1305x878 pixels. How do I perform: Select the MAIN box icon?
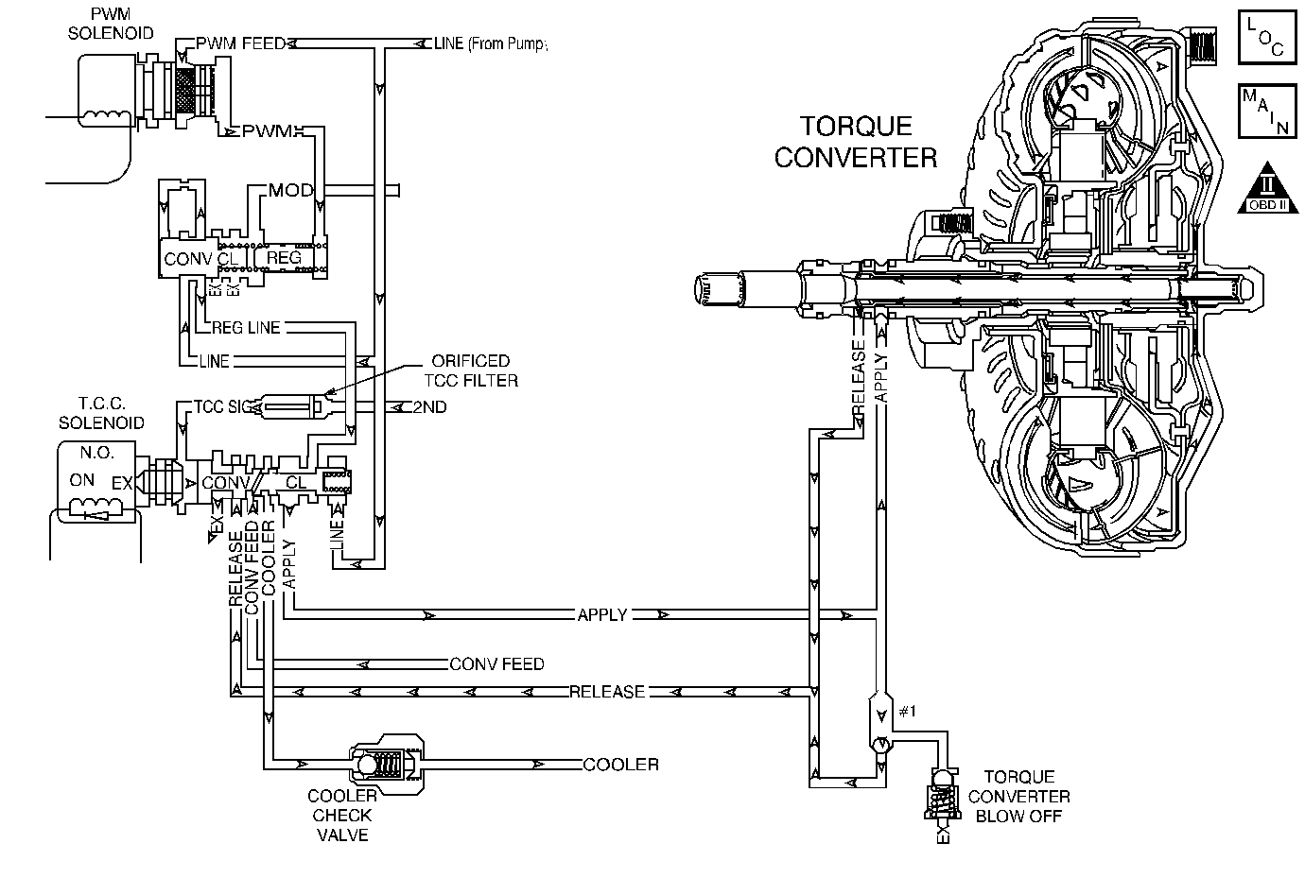(x=1264, y=112)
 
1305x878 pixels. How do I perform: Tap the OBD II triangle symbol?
(x=1263, y=189)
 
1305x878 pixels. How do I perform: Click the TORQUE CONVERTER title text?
(x=856, y=141)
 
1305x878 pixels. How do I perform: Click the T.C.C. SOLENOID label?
(x=101, y=413)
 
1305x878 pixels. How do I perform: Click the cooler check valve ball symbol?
(x=366, y=764)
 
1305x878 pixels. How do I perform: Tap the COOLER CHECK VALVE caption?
(x=342, y=815)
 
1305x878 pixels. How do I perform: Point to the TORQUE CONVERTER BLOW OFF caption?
(x=1018, y=797)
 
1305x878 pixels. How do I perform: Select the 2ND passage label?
(x=429, y=407)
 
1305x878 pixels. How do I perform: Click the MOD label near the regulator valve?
(x=290, y=190)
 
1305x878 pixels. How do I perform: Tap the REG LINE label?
(x=246, y=327)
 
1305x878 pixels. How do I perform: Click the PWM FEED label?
(x=241, y=43)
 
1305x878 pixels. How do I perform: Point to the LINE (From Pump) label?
(x=490, y=43)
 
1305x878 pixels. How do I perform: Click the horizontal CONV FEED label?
(x=496, y=664)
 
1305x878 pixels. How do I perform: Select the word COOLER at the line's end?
(x=620, y=765)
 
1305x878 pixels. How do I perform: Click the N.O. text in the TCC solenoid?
(x=90, y=453)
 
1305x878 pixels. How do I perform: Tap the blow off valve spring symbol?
(x=941, y=803)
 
